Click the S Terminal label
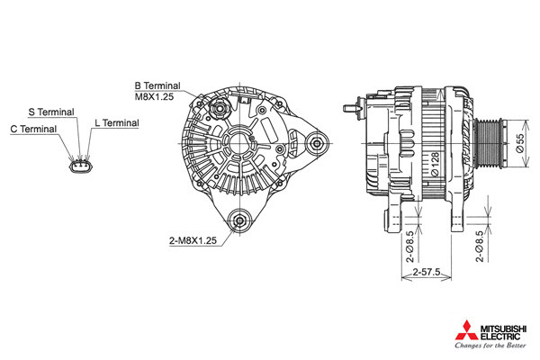pyautogui.click(x=51, y=112)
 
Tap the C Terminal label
pyautogui.click(x=33, y=129)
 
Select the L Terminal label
pyautogui.click(x=117, y=123)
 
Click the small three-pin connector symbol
pyautogui.click(x=81, y=166)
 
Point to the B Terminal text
pyautogui.click(x=157, y=85)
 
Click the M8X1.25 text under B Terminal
pyautogui.click(x=154, y=97)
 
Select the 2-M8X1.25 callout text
pyautogui.click(x=193, y=240)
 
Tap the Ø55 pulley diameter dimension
pyautogui.click(x=520, y=143)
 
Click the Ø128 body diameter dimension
pyautogui.click(x=435, y=165)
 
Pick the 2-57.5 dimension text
pyautogui.click(x=427, y=272)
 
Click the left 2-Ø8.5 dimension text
pyautogui.click(x=409, y=247)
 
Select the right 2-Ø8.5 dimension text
pyautogui.click(x=480, y=247)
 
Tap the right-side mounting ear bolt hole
pyautogui.click(x=317, y=143)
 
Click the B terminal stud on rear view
pyautogui.click(x=219, y=109)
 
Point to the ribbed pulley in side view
pyautogui.click(x=488, y=143)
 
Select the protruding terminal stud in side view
pyautogui.click(x=352, y=108)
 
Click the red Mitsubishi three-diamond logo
pyautogui.click(x=466, y=330)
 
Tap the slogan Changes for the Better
pyautogui.click(x=490, y=346)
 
